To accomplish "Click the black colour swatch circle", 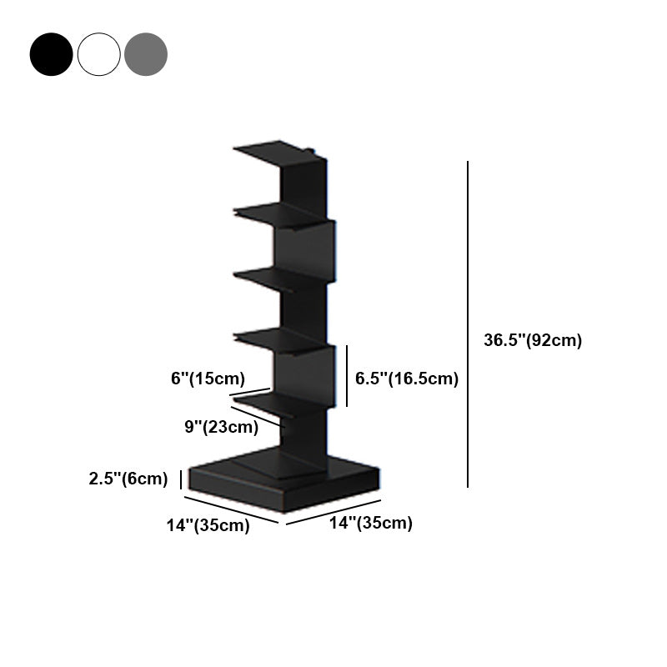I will click(51, 54).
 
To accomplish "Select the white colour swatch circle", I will click(99, 54).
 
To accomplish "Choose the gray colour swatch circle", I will click(146, 54).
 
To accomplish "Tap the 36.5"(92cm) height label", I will click(532, 340).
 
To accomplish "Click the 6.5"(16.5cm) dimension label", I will click(407, 379).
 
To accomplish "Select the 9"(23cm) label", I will click(221, 427).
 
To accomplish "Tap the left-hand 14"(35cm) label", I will click(208, 525).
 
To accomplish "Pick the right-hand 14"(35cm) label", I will click(370, 524).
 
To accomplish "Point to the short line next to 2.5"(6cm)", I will click(181, 479).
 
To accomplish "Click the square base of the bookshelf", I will click(283, 480).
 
